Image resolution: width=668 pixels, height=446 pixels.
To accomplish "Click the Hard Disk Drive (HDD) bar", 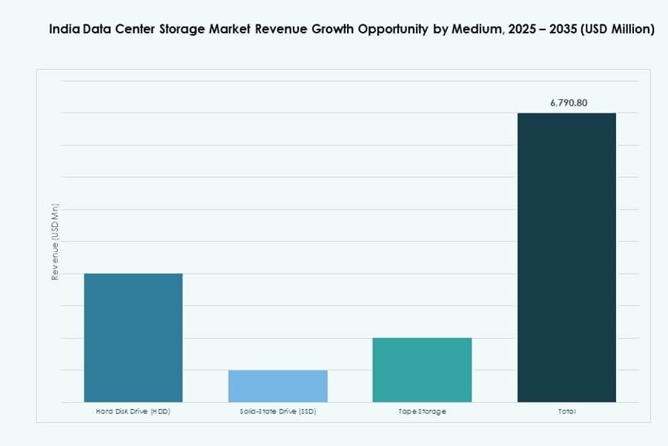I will point(133,338).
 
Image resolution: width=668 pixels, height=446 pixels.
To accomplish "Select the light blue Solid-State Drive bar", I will point(277,386).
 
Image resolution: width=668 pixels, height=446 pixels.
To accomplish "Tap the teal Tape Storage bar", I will point(422,370).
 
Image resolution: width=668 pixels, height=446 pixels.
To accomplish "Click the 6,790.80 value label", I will point(569,103).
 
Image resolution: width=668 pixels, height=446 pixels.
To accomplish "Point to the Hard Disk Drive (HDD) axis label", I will point(133,411).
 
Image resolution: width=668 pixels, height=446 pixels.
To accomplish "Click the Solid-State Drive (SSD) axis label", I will point(277,411).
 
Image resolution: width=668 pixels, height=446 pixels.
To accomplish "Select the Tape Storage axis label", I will point(422,411).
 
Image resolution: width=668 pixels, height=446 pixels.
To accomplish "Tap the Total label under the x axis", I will point(566,411).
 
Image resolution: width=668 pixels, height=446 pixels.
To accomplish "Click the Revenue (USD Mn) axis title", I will point(55,242).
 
